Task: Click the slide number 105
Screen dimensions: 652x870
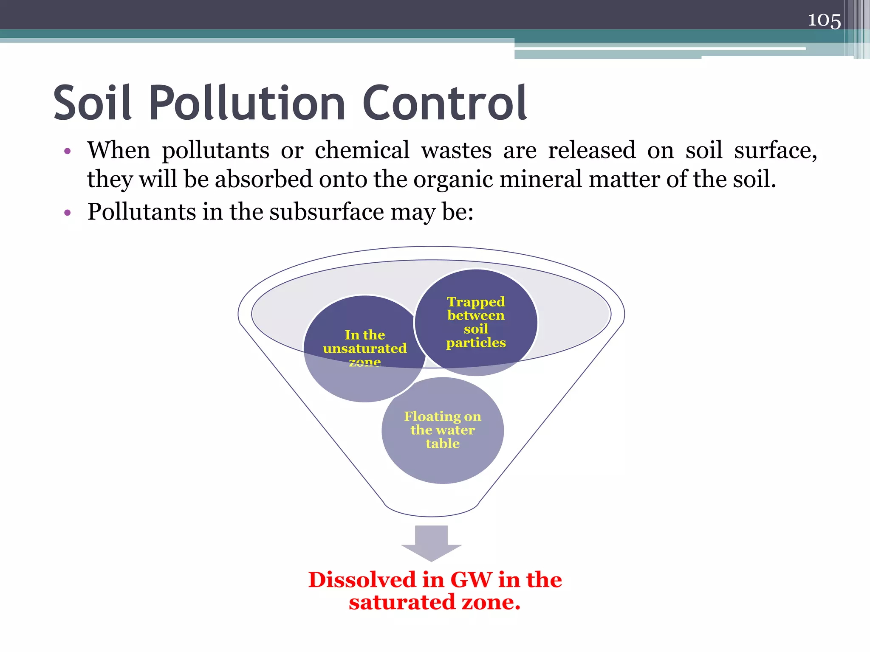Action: pos(824,20)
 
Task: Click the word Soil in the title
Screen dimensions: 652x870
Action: pos(92,103)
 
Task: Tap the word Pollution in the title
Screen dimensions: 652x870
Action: pos(247,103)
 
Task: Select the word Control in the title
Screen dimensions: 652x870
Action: pos(444,103)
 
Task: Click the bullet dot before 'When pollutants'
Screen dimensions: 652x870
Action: pos(67,151)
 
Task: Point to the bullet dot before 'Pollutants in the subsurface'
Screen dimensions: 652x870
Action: pos(67,212)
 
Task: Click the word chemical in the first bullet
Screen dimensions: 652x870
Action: pos(362,150)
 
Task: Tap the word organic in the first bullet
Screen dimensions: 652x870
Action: pos(454,179)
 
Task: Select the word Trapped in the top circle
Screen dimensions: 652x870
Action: pos(476,302)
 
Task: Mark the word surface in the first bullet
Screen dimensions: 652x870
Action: pos(775,150)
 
